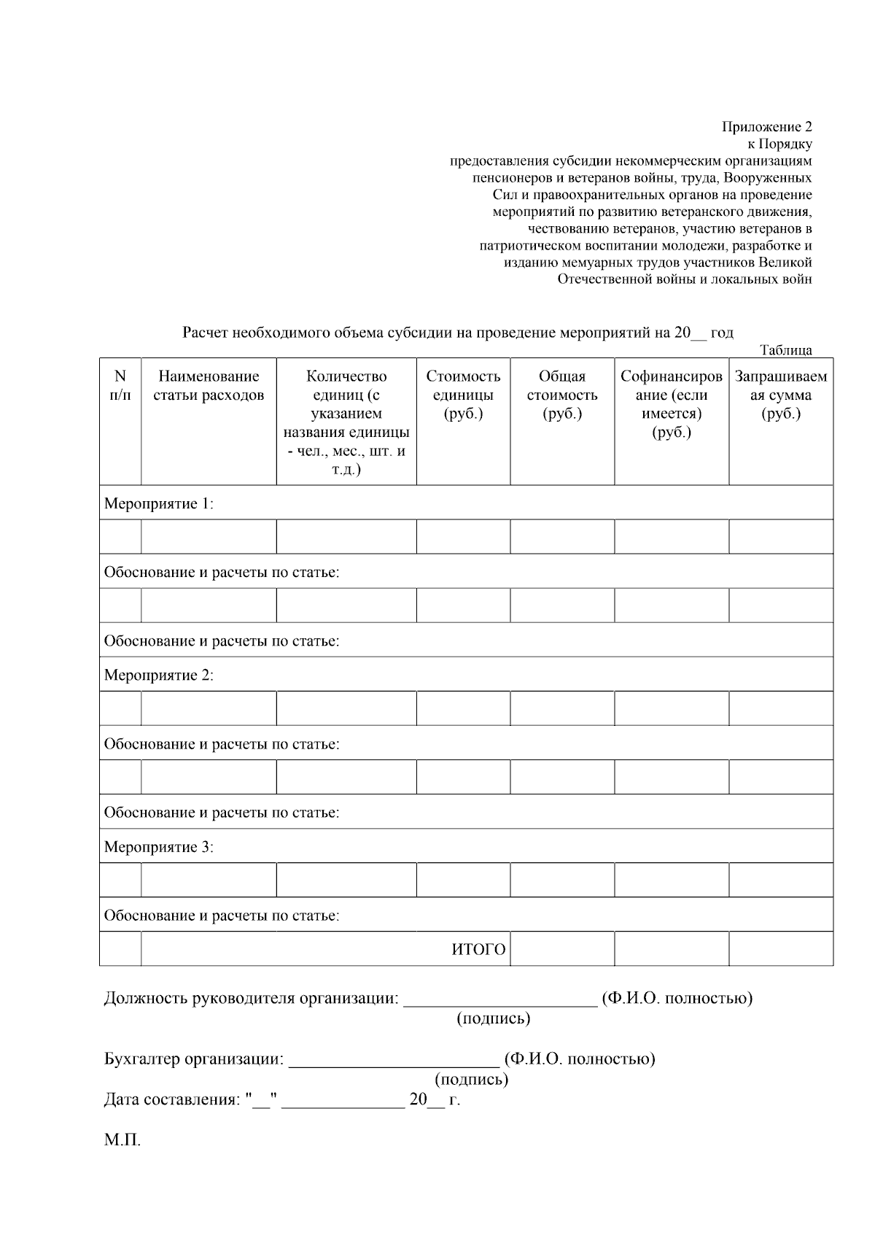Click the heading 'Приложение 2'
(766, 127)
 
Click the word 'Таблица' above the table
(785, 350)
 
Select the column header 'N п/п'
(120, 386)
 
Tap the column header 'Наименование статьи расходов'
(209, 386)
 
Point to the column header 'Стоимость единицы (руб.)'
(463, 395)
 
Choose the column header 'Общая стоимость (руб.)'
(561, 395)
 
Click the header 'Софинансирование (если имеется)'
(671, 404)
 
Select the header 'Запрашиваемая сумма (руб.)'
(780, 395)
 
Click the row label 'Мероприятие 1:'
(159, 503)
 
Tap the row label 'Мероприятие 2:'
(159, 675)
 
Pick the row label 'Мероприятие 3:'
(159, 847)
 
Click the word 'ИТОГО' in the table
(478, 950)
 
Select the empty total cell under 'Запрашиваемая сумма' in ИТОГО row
(780, 949)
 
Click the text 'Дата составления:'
(171, 1100)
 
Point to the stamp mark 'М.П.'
(122, 1140)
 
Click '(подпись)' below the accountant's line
(471, 1079)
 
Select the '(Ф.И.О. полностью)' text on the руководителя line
(677, 998)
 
